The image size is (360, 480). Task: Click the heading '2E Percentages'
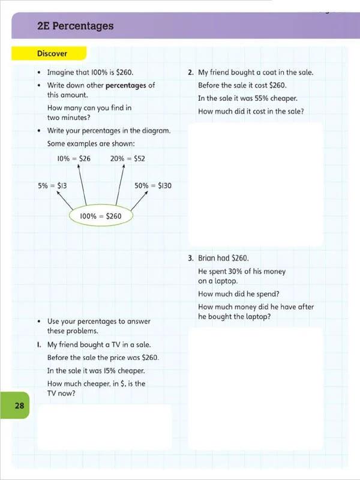pyautogui.click(x=75, y=26)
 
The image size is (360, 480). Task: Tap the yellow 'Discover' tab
pyautogui.click(x=53, y=53)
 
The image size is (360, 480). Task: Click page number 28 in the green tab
pyautogui.click(x=19, y=406)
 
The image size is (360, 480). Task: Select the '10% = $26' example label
pyautogui.click(x=74, y=158)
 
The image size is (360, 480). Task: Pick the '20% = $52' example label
pyautogui.click(x=127, y=158)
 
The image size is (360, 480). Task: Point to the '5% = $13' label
pyautogui.click(x=52, y=186)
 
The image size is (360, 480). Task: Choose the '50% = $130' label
pyautogui.click(x=153, y=186)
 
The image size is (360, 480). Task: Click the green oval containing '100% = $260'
pyautogui.click(x=101, y=216)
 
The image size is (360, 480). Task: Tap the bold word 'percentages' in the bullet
pyautogui.click(x=125, y=85)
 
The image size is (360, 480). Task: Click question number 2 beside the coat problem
pyautogui.click(x=190, y=73)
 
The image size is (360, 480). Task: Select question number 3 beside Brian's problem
pyautogui.click(x=190, y=259)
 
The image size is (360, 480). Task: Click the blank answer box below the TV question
pyautogui.click(x=104, y=427)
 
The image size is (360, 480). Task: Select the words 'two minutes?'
pyautogui.click(x=68, y=118)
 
